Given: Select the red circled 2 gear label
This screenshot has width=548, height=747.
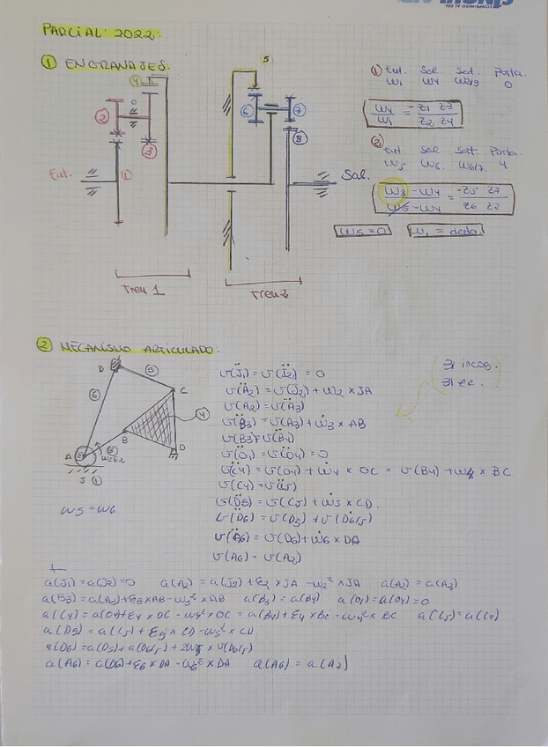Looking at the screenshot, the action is pyautogui.click(x=103, y=116).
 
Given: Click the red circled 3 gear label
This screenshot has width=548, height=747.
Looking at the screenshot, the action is pyautogui.click(x=149, y=150).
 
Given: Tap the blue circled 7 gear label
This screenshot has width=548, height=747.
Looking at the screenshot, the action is pyautogui.click(x=300, y=110).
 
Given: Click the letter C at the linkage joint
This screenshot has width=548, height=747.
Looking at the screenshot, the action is pyautogui.click(x=182, y=390).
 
